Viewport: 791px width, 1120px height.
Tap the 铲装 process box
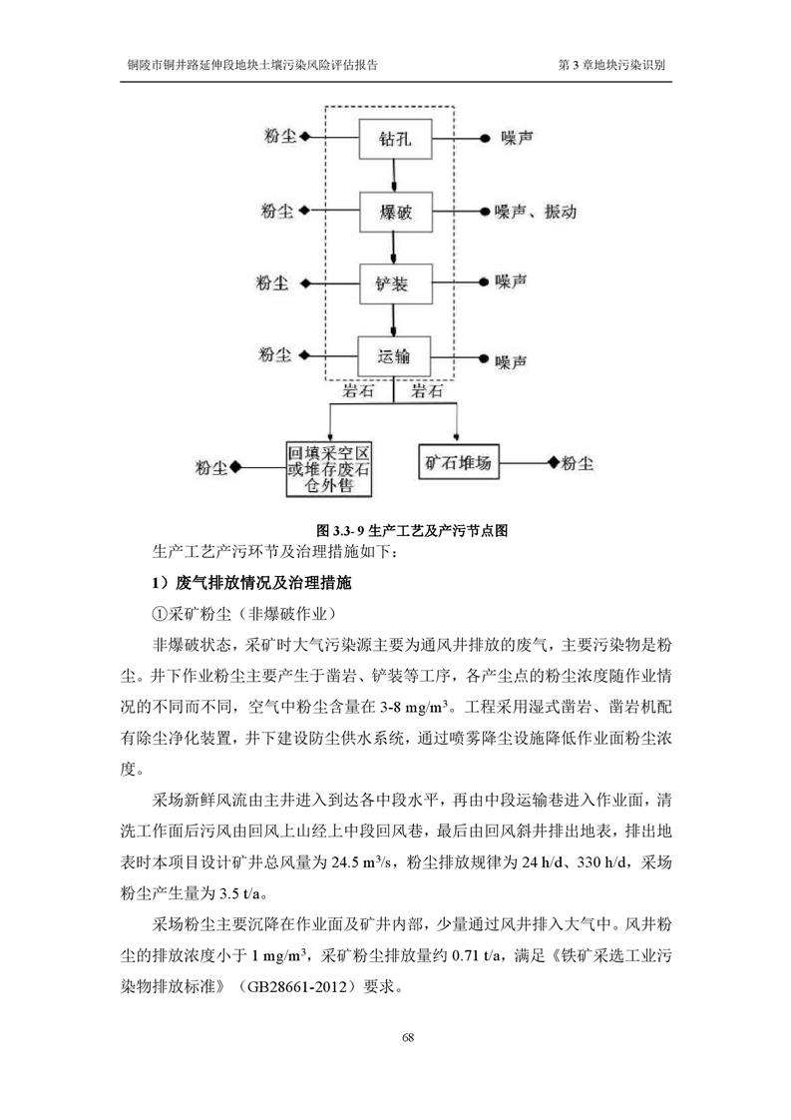pyautogui.click(x=395, y=284)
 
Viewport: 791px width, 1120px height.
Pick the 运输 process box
pyautogui.click(x=395, y=356)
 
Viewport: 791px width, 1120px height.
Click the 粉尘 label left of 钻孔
pyautogui.click(x=279, y=138)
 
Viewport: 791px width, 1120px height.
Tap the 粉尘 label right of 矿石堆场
pyautogui.click(x=578, y=464)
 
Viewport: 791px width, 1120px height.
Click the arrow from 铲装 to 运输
pyautogui.click(x=395, y=321)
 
